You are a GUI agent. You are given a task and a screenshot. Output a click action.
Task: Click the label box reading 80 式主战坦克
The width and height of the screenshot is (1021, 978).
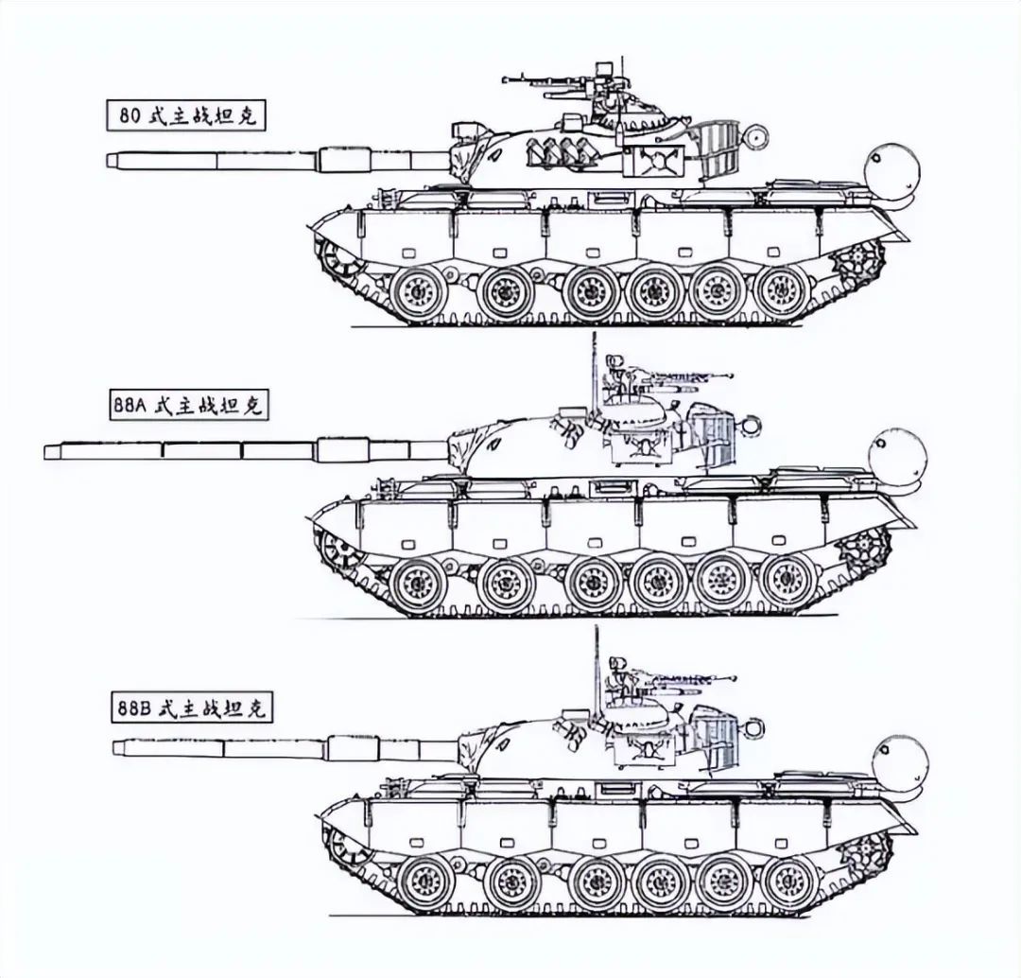(x=187, y=115)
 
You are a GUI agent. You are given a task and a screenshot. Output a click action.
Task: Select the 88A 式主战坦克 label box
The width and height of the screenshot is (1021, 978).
(x=187, y=405)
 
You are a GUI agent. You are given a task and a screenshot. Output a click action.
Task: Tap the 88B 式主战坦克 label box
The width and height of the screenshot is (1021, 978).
(x=191, y=707)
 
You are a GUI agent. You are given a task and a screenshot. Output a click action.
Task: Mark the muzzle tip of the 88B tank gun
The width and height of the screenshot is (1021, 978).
(x=114, y=746)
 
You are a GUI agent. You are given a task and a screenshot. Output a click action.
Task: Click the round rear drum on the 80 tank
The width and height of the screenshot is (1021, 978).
(x=891, y=169)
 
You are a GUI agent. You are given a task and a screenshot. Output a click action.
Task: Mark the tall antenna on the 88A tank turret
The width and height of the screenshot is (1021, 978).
(x=593, y=378)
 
